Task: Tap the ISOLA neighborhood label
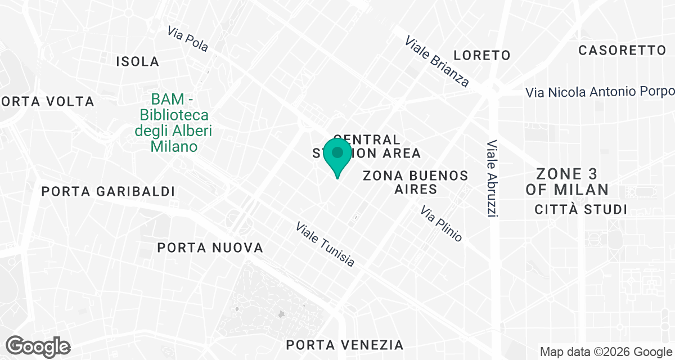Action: click(x=137, y=61)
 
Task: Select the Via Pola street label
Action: click(x=188, y=39)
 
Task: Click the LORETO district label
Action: click(x=482, y=55)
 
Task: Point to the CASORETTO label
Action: click(x=622, y=50)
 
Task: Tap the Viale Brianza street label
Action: click(x=437, y=62)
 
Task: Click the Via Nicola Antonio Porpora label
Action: click(x=600, y=92)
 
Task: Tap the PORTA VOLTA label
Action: click(x=47, y=102)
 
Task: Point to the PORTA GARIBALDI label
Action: click(x=108, y=191)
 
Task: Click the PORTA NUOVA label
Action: click(x=210, y=247)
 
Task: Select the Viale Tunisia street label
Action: click(x=326, y=244)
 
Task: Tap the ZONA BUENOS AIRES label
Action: click(x=416, y=182)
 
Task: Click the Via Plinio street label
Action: click(x=442, y=223)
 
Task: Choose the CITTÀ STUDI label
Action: click(x=580, y=210)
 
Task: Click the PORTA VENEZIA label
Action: click(x=344, y=345)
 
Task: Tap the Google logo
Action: click(x=39, y=346)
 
